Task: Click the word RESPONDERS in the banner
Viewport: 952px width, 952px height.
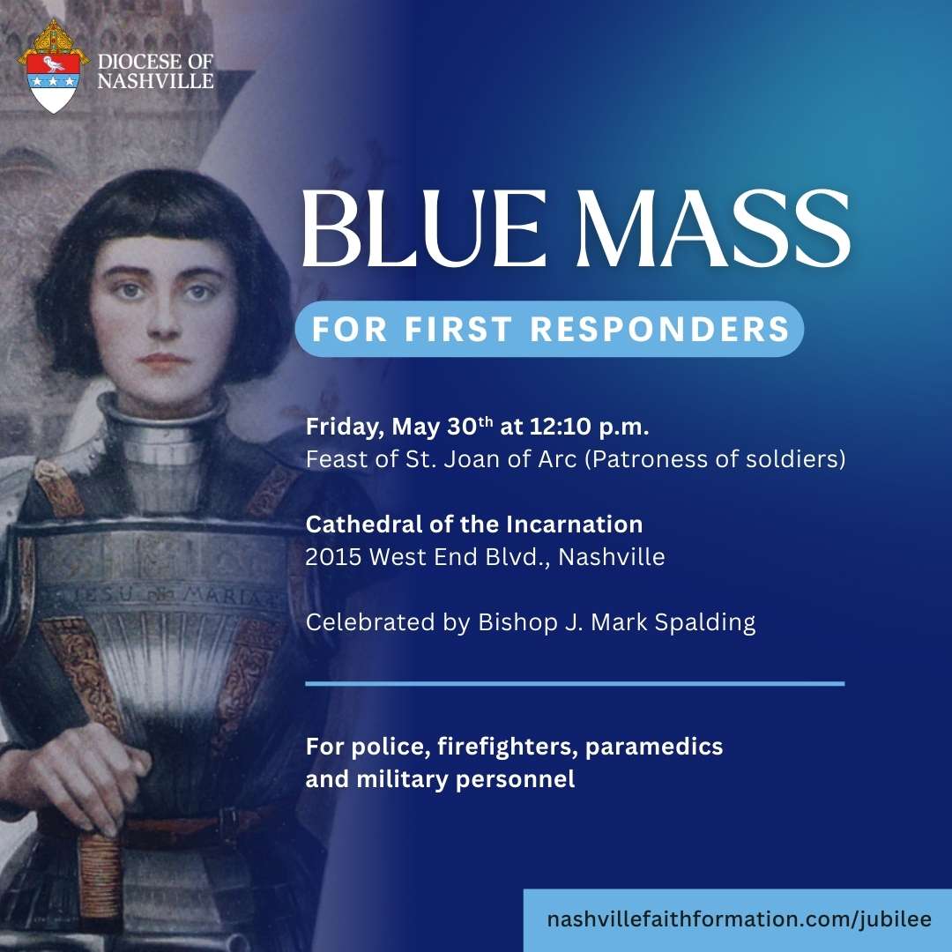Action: click(660, 329)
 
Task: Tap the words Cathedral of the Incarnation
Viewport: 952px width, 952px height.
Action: click(474, 524)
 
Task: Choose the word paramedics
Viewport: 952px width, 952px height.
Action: click(654, 747)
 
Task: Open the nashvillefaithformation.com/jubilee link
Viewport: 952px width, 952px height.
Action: click(739, 919)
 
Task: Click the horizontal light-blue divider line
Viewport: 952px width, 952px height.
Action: click(575, 684)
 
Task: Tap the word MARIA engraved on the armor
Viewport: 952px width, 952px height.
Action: click(229, 596)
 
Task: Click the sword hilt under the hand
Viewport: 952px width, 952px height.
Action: click(100, 874)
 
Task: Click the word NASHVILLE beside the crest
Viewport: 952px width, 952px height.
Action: click(156, 81)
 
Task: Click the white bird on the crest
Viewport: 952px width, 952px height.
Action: click(54, 63)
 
